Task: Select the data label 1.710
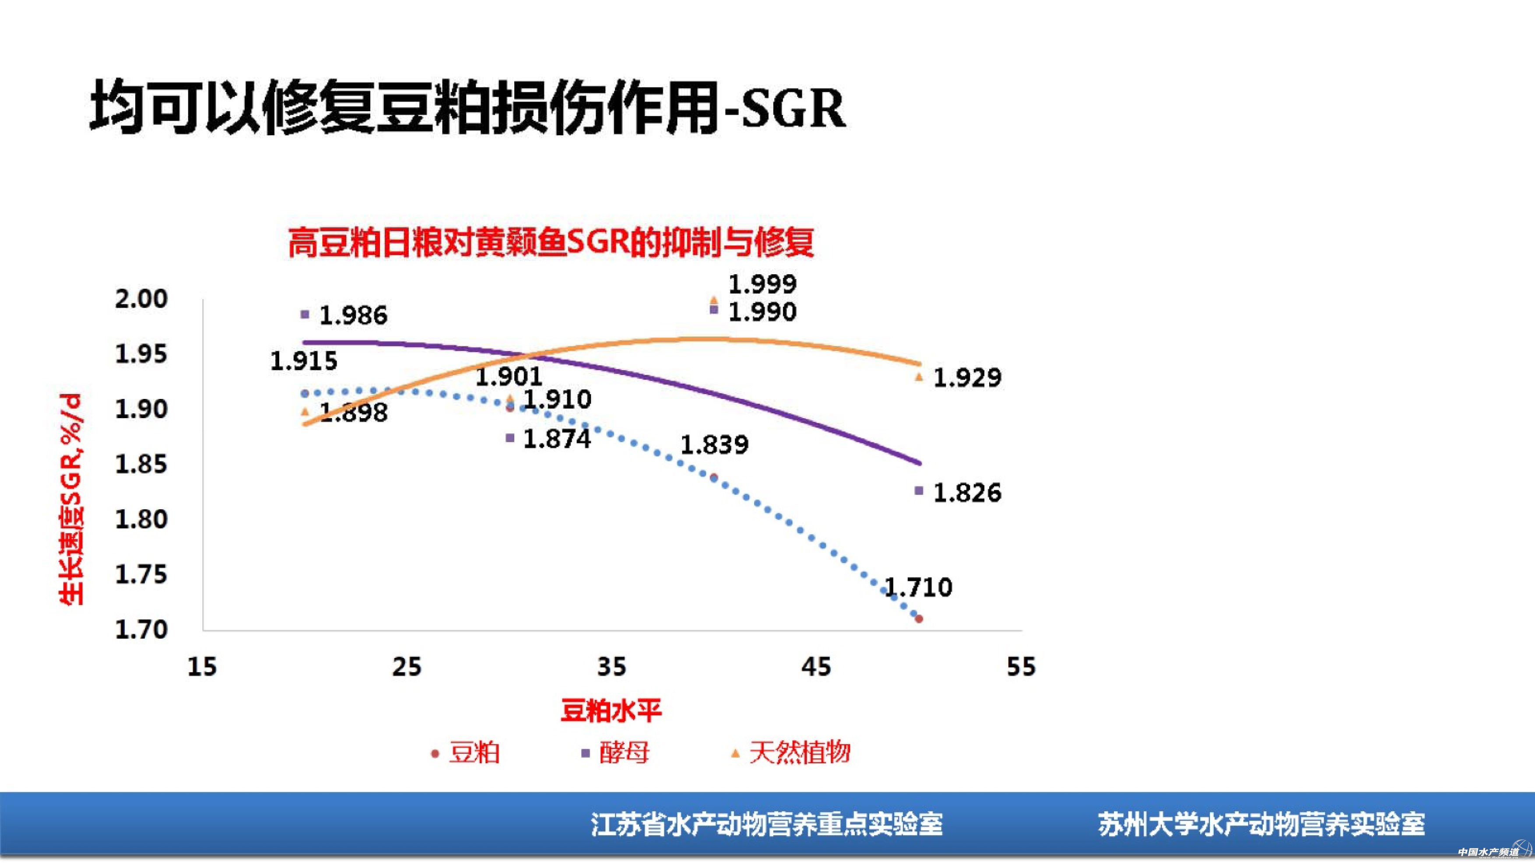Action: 918,588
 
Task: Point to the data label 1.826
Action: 967,493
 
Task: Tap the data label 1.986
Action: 353,315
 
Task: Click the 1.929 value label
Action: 967,377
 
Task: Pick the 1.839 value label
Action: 714,444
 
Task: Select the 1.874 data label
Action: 557,439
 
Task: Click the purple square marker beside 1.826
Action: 919,491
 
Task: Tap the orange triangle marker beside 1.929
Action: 919,377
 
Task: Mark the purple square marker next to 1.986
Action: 305,314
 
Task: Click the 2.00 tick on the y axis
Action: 141,298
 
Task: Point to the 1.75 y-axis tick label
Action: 141,575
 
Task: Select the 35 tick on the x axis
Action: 611,667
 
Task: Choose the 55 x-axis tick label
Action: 1021,667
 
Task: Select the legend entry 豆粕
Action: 474,753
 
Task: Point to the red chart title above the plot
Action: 551,242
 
